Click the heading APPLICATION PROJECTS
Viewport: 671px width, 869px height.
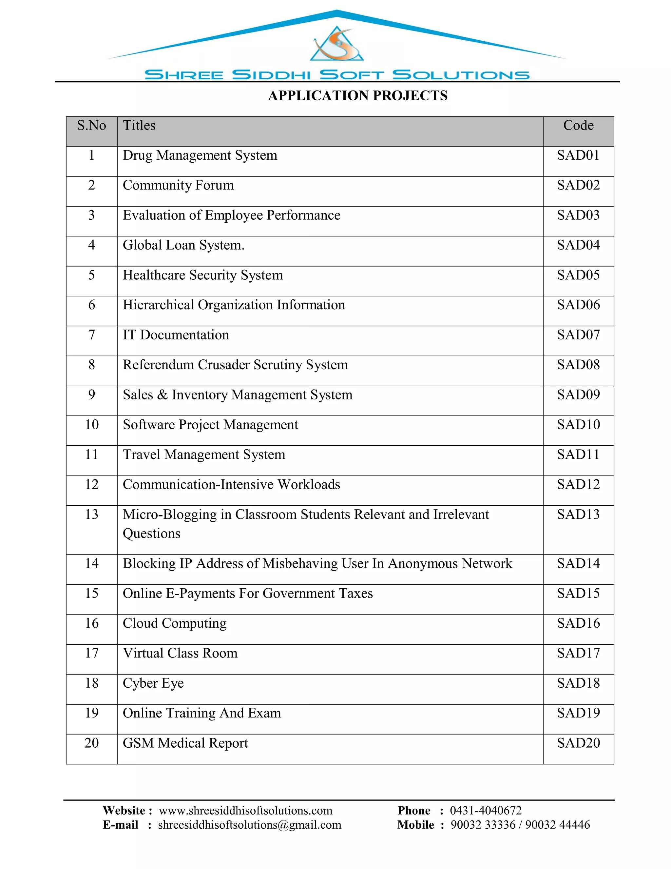click(357, 95)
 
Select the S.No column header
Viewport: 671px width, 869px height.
click(91, 126)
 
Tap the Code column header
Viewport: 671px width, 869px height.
click(578, 126)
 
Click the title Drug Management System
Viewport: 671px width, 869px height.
click(200, 155)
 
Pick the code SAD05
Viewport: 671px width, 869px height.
click(578, 275)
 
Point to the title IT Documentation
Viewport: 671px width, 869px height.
click(176, 335)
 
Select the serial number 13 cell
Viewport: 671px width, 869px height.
click(91, 515)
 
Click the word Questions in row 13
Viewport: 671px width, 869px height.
click(151, 534)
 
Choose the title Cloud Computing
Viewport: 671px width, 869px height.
click(175, 623)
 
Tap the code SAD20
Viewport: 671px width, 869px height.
click(578, 743)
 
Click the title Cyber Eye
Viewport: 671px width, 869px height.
click(153, 683)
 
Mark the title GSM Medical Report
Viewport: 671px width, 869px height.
click(185, 743)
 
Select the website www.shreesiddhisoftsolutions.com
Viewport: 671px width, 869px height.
click(245, 811)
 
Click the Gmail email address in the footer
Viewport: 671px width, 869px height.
click(250, 825)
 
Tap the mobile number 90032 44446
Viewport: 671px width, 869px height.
click(557, 825)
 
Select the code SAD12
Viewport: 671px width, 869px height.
click(578, 485)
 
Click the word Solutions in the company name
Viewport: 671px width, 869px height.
click(461, 75)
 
